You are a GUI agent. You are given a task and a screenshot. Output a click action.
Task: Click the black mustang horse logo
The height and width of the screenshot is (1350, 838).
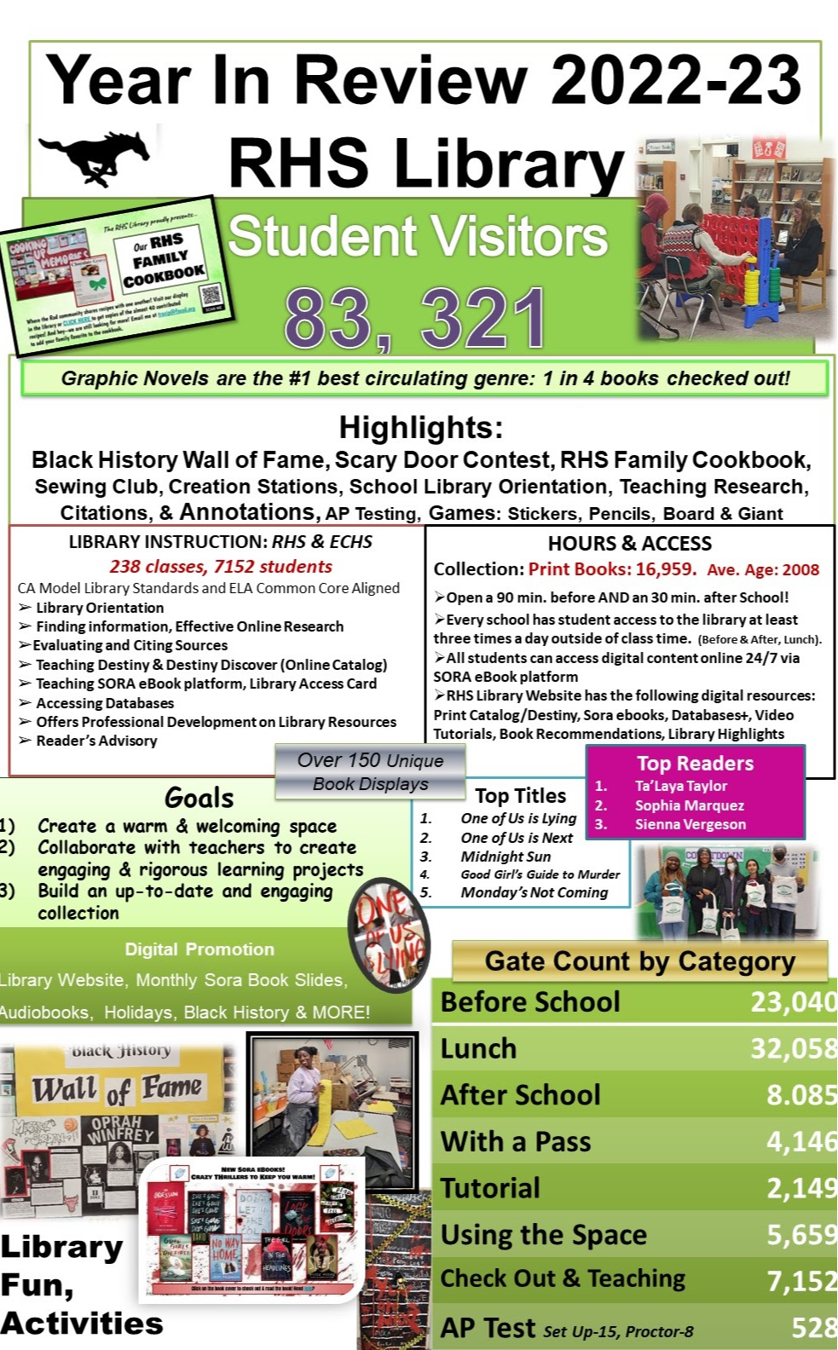tap(95, 157)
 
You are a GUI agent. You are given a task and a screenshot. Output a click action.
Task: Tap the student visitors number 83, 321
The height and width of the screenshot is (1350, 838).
tap(415, 319)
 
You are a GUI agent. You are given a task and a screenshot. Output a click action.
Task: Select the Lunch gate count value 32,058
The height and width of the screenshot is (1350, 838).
tap(792, 1048)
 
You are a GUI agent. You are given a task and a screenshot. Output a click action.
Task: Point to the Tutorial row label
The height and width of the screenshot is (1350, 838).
tap(490, 1188)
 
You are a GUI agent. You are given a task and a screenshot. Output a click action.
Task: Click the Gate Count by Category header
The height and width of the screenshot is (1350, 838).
tap(639, 961)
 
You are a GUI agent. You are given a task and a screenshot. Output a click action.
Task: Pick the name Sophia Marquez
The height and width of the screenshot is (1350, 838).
tap(689, 805)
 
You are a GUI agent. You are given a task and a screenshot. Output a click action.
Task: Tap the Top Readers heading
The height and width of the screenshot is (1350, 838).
tap(695, 764)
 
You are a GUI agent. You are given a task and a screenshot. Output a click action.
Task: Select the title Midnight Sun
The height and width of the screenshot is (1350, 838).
tap(506, 857)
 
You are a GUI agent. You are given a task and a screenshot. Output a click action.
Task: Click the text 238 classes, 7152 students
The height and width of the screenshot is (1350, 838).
tap(221, 567)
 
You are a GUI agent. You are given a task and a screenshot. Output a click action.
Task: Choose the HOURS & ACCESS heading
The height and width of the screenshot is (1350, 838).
tap(629, 544)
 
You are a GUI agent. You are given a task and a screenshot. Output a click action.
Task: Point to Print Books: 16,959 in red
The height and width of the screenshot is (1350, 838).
tap(612, 569)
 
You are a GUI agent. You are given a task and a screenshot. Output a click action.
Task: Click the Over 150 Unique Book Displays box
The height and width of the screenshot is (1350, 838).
tap(370, 772)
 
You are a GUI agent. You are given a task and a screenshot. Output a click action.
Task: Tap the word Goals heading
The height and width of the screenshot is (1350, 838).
tap(199, 799)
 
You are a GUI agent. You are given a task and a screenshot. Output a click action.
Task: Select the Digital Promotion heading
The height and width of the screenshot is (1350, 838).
tap(199, 949)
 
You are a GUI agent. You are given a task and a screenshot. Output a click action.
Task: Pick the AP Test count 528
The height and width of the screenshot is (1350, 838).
tap(812, 1328)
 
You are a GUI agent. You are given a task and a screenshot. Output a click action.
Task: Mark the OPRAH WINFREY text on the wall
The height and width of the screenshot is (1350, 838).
tap(123, 1129)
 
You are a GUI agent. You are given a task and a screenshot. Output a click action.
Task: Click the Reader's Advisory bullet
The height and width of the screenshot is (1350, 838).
tap(96, 741)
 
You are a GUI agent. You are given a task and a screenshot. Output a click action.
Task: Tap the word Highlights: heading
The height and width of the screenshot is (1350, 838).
tap(421, 427)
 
